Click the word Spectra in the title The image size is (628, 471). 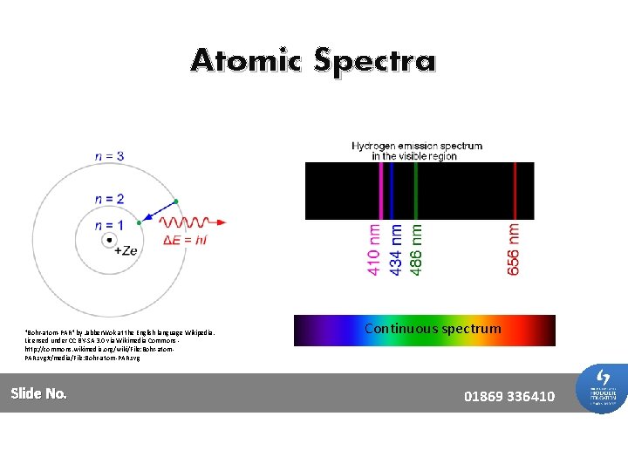pyautogui.click(x=375, y=62)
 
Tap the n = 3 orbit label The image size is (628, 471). pyautogui.click(x=109, y=156)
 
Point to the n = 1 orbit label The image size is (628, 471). pyautogui.click(x=109, y=226)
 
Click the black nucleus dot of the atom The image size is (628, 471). pyautogui.click(x=109, y=240)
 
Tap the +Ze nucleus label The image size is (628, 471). pyautogui.click(x=126, y=250)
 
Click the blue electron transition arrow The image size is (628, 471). pyautogui.click(x=160, y=210)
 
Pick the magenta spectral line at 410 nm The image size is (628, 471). pyautogui.click(x=380, y=191)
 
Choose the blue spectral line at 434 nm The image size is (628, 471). pyautogui.click(x=392, y=191)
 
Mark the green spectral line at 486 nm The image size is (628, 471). pyautogui.click(x=416, y=191)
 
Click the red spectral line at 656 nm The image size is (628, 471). pyautogui.click(x=515, y=191)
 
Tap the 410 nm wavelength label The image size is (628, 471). pyautogui.click(x=374, y=249)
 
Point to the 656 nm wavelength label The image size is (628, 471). pyautogui.click(x=514, y=249)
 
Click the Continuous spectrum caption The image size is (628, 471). pyautogui.click(x=433, y=329)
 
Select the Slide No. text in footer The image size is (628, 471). pyautogui.click(x=39, y=393)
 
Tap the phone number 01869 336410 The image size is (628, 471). pyautogui.click(x=509, y=397)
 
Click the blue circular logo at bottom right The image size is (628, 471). pyautogui.click(x=602, y=388)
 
